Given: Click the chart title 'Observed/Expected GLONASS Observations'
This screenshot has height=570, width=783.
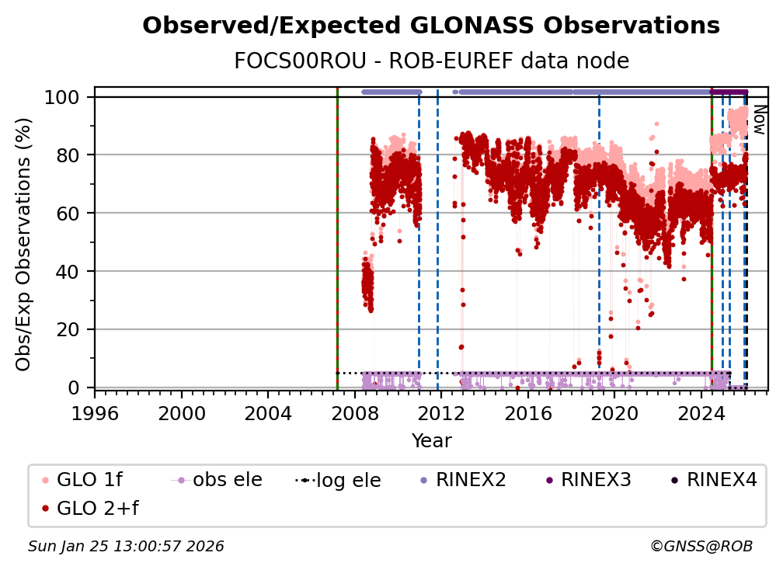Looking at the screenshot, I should (431, 26).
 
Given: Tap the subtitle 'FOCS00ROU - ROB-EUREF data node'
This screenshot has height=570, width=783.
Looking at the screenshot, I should (431, 61).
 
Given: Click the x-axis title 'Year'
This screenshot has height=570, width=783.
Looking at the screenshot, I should (431, 441).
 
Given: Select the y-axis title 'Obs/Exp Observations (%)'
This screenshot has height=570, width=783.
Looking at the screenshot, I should (25, 244).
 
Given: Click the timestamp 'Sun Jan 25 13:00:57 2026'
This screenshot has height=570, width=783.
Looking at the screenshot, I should (126, 547).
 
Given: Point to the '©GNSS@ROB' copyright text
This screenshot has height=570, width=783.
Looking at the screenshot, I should (701, 547).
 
